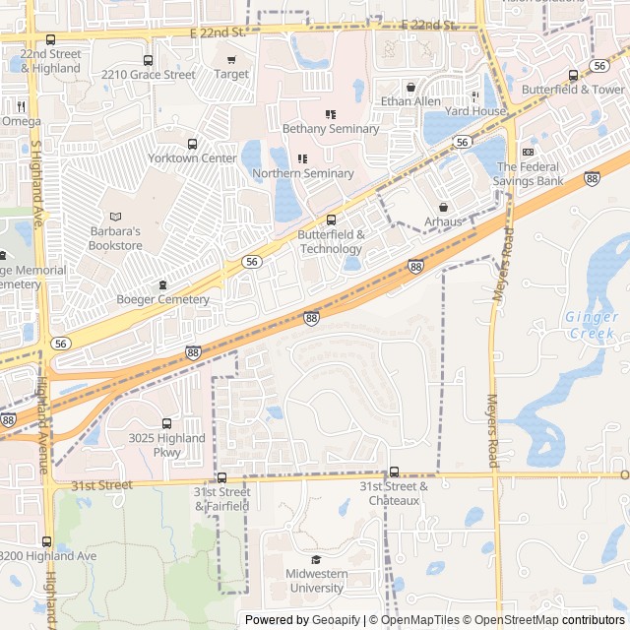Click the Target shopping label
231,74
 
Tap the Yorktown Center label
192,158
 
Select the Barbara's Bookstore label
115,238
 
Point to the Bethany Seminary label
330,129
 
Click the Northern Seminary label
302,174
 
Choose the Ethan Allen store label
410,101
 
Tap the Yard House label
475,111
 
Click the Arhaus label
443,221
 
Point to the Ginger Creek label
591,325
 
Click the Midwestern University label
316,581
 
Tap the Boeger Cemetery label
162,299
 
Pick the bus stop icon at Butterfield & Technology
331,220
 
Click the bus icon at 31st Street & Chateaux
394,472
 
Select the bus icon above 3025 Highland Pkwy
166,423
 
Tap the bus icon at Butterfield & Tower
573,75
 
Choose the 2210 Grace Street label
148,74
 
